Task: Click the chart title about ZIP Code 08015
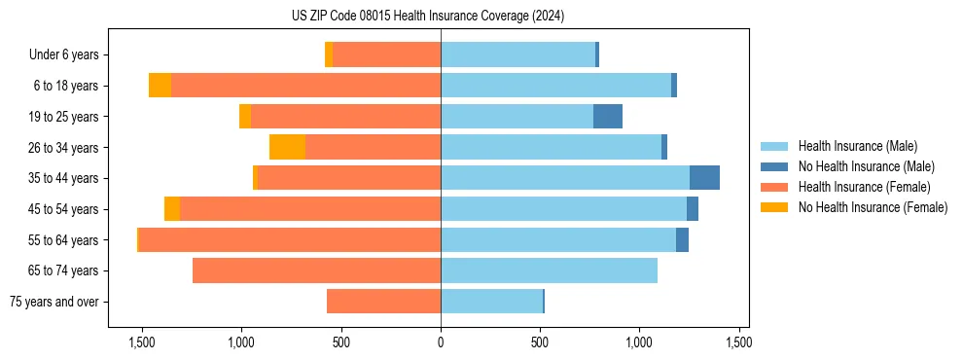point(428,17)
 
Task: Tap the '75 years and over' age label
point(53,302)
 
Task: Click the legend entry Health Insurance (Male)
point(857,146)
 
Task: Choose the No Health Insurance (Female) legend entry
point(873,207)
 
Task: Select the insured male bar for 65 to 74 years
point(549,270)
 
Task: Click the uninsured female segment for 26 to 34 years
point(287,147)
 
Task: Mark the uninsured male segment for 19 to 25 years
point(608,116)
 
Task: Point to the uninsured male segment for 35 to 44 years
point(704,178)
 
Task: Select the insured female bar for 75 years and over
point(383,302)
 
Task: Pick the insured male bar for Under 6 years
point(517,54)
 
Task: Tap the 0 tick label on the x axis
point(441,342)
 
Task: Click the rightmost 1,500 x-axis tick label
point(737,342)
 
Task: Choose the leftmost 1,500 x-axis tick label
point(142,342)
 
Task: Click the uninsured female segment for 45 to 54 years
point(172,209)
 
